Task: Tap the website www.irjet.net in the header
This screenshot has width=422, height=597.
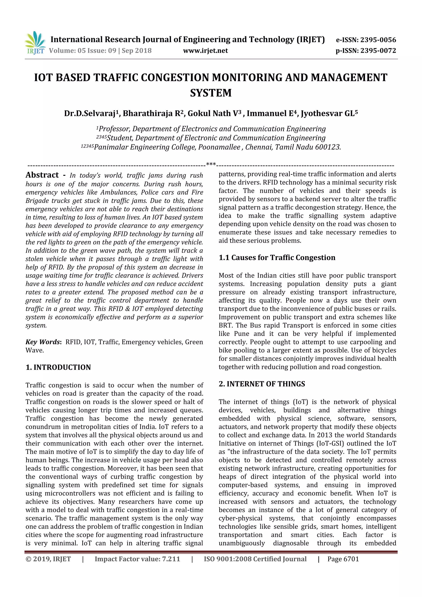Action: point(205,51)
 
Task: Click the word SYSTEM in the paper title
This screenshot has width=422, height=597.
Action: point(211,93)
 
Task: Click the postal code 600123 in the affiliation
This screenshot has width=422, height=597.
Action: point(328,147)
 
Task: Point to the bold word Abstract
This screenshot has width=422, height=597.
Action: point(42,175)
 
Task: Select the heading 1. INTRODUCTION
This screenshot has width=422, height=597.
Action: point(58,367)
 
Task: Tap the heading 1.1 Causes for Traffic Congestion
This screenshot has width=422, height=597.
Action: point(277,258)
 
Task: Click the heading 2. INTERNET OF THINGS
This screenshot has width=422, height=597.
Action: point(262,384)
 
